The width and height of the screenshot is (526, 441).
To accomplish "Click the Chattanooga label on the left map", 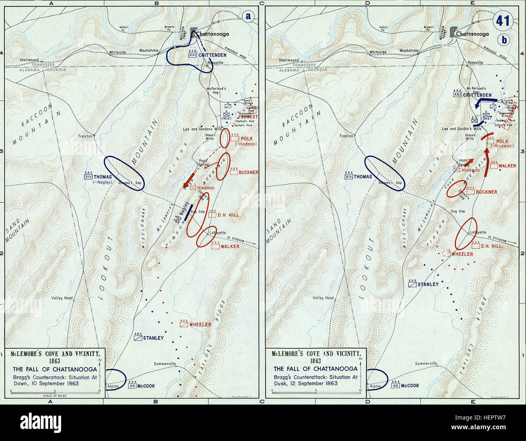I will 212,34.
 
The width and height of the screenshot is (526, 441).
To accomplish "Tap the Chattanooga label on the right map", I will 472,34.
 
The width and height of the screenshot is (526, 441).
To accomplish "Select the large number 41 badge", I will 503,20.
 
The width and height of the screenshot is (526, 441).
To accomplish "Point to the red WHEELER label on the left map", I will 200,324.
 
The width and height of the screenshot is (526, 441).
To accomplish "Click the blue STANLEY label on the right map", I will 428,284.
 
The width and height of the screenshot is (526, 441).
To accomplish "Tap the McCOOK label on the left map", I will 146,386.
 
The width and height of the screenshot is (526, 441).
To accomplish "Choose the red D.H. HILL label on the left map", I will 228,215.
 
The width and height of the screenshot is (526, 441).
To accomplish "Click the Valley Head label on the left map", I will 62,298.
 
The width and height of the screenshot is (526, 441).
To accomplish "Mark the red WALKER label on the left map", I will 230,246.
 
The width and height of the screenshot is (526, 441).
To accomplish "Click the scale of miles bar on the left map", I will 55,391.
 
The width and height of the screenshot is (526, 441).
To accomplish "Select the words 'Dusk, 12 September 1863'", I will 316,383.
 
